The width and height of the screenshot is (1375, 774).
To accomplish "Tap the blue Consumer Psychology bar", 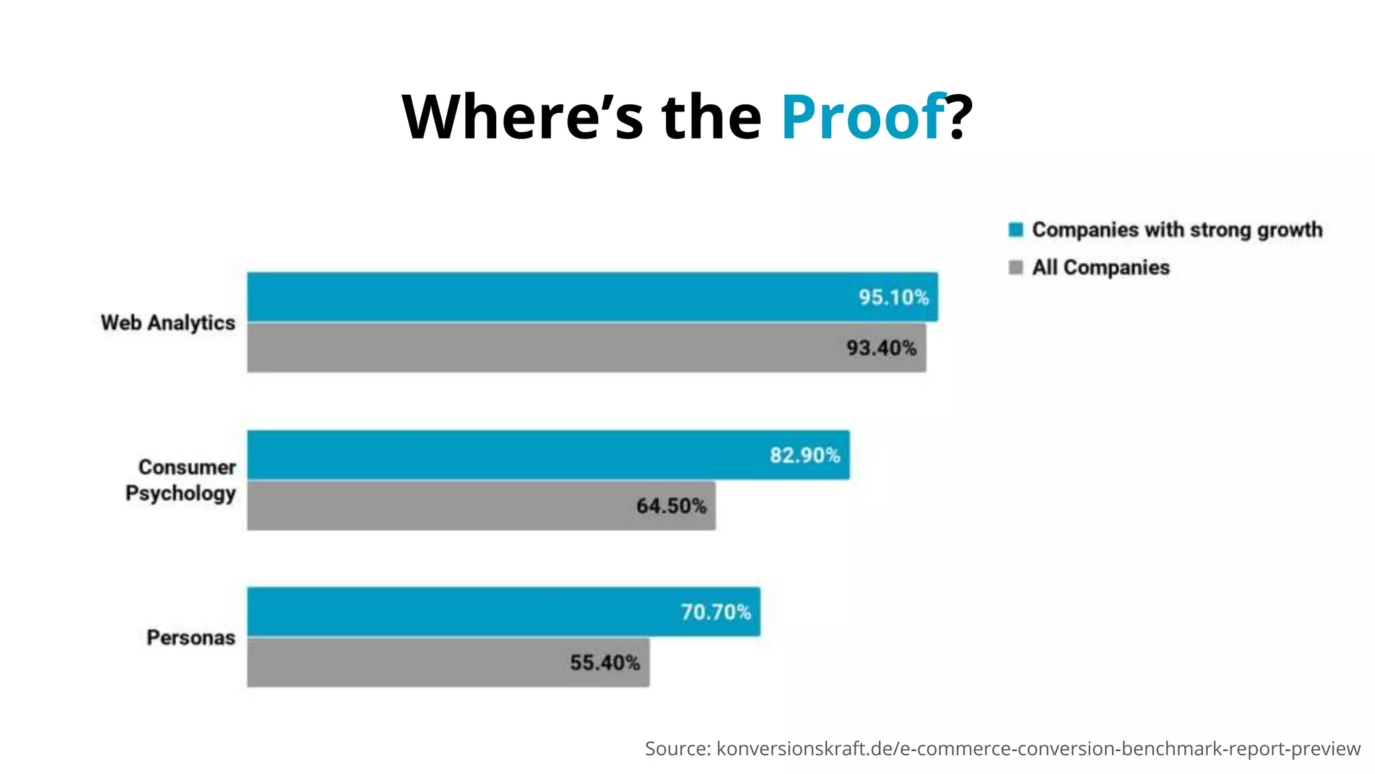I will tap(504, 455).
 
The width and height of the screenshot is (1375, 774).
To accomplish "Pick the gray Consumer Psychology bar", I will tap(436, 506).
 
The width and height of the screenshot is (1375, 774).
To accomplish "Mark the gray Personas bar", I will tap(403, 662).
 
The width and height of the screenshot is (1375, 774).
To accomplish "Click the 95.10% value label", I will tap(894, 297).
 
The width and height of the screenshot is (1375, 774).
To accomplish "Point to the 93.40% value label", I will tap(881, 348).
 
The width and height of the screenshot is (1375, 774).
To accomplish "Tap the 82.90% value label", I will tap(804, 456).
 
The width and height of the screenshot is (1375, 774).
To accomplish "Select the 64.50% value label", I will tap(671, 506).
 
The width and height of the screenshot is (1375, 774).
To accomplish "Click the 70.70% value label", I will tap(716, 612).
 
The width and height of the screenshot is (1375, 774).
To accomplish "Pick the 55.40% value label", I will tap(605, 663).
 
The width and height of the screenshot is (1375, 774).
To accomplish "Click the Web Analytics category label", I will tap(168, 322).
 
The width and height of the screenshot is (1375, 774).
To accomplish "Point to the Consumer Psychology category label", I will tap(181, 480).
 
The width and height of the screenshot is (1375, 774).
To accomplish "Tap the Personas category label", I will tap(191, 638).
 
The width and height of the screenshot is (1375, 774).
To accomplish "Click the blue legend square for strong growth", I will tap(1016, 230).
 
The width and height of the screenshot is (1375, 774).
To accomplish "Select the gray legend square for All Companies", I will tap(1016, 267).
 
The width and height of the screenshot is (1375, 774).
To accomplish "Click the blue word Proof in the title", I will tap(863, 117).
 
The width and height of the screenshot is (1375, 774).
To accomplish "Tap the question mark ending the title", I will tap(960, 117).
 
